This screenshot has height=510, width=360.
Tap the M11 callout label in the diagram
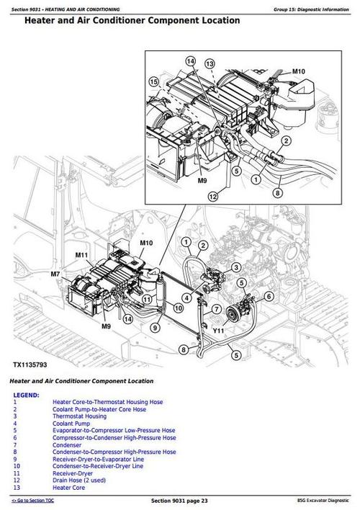coord(81,256)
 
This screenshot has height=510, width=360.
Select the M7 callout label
coord(55,274)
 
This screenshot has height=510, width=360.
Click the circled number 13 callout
coord(210,64)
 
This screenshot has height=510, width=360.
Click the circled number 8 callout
coord(183,349)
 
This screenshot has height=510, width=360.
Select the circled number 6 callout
coord(269,296)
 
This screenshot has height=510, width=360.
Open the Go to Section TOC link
coord(38,500)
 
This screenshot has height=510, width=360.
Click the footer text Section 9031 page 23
coord(180,500)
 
